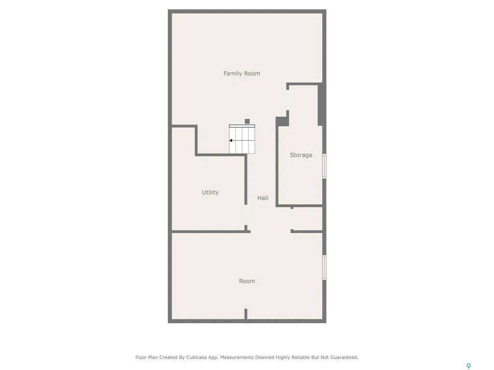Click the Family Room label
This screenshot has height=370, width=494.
tap(242, 74)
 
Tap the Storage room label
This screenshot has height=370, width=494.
tap(301, 155)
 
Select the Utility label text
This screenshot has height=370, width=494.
tap(210, 192)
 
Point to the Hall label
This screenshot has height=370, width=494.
tap(263, 198)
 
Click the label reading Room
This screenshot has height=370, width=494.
tap(247, 281)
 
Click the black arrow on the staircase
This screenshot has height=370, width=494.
tap(231, 141)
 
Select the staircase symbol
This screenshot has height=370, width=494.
tap(242, 139)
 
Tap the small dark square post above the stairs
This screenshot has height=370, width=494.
tap(247, 121)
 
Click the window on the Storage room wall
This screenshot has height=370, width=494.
tap(324, 166)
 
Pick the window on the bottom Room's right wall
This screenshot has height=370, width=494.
tap(324, 267)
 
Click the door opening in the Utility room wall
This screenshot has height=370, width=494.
tap(246, 215)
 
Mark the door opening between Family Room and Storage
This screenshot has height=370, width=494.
tap(288, 100)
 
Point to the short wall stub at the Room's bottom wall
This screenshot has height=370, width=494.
tap(246, 314)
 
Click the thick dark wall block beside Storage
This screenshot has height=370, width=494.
tap(321, 105)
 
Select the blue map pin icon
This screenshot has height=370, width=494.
tap(469, 366)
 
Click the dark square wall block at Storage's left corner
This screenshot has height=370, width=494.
tap(281, 121)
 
